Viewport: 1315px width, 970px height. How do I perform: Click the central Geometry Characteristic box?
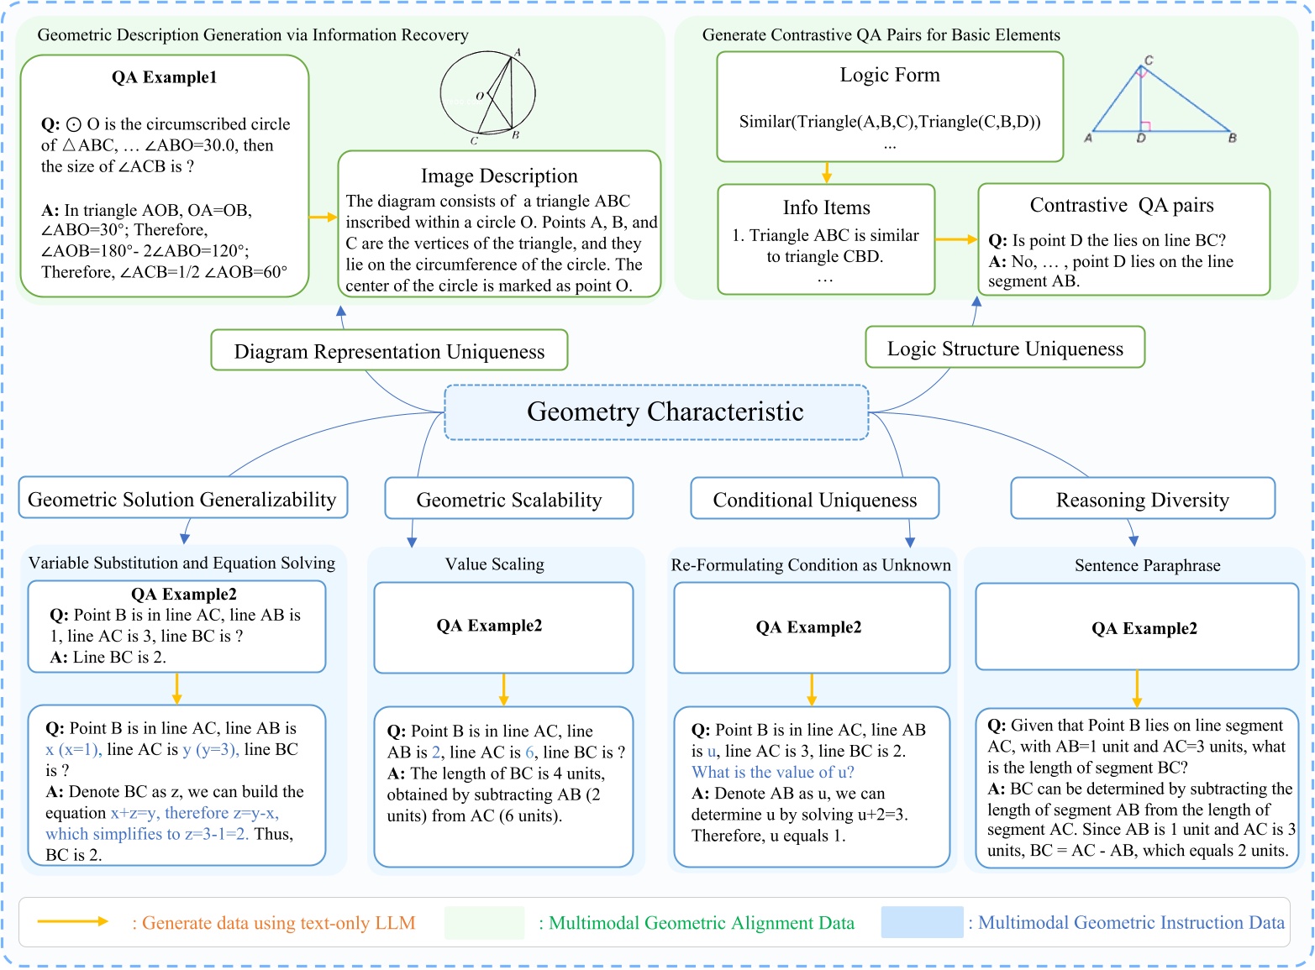point(656,412)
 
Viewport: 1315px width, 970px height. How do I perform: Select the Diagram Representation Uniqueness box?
point(389,351)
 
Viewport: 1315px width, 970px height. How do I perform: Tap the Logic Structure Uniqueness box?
point(1005,349)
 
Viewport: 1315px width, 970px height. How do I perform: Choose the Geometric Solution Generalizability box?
point(182,500)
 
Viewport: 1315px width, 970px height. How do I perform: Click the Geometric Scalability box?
point(509,500)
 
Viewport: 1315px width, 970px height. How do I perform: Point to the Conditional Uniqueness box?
point(814,500)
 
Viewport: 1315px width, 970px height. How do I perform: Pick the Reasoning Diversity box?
point(1142,500)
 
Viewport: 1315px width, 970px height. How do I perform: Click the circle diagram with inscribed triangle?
point(488,95)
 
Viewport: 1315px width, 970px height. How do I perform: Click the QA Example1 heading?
point(165,77)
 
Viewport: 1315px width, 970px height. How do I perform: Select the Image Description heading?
point(499,176)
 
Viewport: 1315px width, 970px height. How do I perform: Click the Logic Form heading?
point(890,75)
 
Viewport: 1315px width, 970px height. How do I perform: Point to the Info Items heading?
point(826,207)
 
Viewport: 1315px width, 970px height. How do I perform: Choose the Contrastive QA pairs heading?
point(1122,206)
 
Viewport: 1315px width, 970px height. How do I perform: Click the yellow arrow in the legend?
point(73,922)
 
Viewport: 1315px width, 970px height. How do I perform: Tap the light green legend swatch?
point(484,922)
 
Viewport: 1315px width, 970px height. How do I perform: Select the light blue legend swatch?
point(922,922)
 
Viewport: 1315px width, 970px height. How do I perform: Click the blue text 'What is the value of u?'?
point(772,772)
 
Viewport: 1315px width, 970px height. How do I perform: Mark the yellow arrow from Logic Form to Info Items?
point(827,172)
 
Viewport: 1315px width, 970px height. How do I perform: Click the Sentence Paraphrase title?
point(1147,565)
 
